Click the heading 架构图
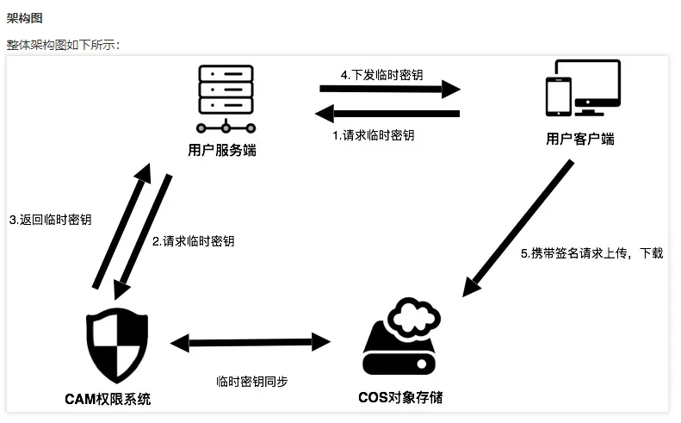point(24,17)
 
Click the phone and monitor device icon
point(583,90)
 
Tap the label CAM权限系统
point(108,399)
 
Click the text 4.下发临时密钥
point(381,75)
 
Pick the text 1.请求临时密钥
point(374,135)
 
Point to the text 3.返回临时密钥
point(51,220)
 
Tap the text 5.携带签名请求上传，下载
point(591,254)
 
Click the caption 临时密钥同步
point(251,382)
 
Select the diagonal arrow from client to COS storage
point(517,228)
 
